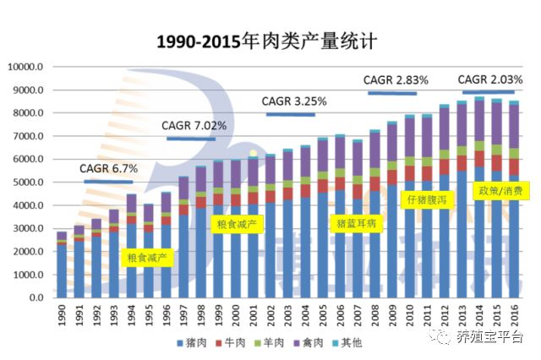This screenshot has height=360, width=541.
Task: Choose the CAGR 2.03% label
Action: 490,79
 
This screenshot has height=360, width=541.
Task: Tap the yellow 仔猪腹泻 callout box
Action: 427,200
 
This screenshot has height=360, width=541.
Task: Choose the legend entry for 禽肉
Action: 314,343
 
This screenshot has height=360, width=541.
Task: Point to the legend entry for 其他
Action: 354,343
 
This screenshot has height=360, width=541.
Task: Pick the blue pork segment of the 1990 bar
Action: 62,270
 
